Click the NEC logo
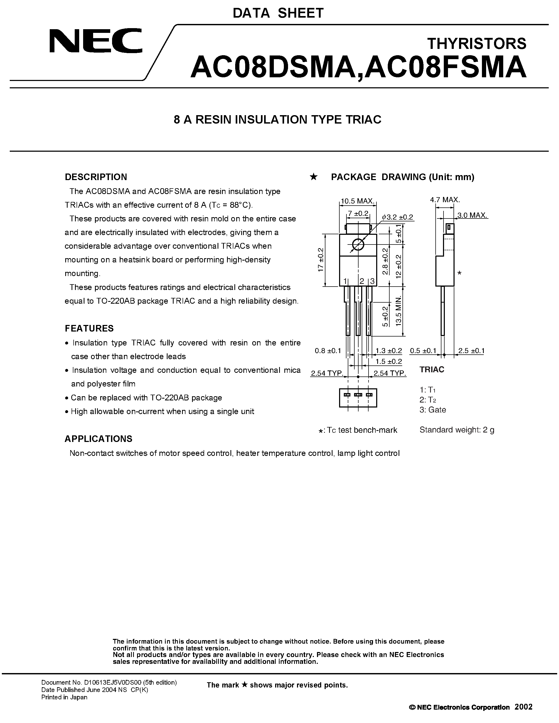96,41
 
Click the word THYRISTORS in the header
477,44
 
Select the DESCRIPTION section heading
96,177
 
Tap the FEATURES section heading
89,328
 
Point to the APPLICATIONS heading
98,439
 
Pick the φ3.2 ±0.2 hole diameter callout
397,217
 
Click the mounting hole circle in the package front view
358,245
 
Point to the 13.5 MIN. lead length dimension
399,311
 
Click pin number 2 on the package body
362,281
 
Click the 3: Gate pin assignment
432,410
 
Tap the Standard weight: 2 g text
457,430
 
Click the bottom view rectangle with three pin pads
358,398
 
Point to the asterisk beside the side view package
459,273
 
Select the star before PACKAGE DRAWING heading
313,177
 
